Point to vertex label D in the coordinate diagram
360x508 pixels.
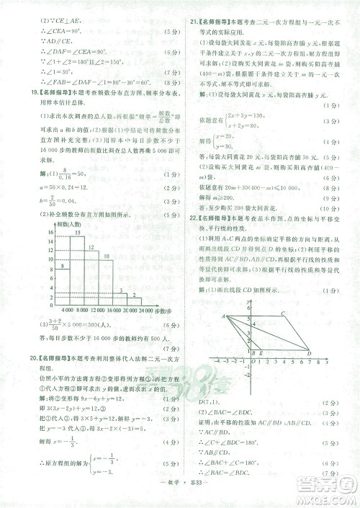click(309, 354)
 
